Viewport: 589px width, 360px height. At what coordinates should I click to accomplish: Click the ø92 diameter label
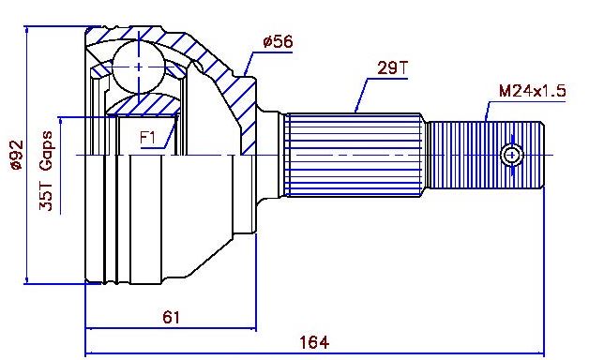17,155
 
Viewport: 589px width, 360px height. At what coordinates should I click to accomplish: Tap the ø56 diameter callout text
278,41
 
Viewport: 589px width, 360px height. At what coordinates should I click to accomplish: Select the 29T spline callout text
392,67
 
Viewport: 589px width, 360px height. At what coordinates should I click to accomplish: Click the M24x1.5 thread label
533,91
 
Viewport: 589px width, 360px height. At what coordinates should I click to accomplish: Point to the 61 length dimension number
172,318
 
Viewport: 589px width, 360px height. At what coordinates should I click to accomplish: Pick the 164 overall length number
314,342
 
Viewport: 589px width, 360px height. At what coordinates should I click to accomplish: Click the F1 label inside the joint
147,138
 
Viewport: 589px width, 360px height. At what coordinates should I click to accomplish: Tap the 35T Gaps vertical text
47,171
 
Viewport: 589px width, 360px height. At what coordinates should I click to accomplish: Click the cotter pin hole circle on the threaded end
511,155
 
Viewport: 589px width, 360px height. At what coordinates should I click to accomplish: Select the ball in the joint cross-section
139,67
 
